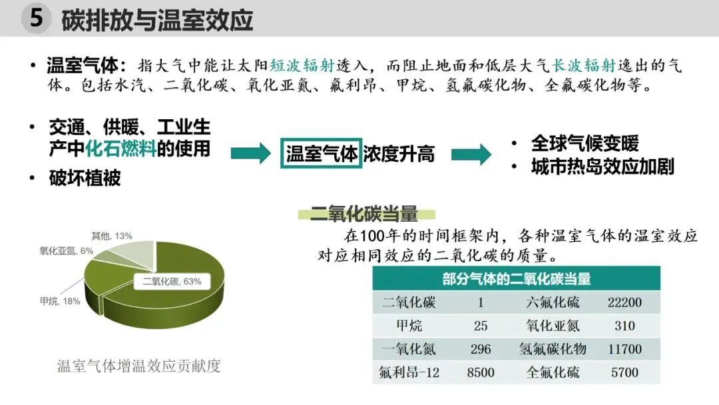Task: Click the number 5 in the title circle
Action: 37,19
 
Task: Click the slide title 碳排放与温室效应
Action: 157,19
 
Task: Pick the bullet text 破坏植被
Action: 85,178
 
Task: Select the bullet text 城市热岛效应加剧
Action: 602,166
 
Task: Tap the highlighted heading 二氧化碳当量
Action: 364,214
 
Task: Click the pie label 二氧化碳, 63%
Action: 172,281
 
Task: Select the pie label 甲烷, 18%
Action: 60,301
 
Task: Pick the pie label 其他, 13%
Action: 112,235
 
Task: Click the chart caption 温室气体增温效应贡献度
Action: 138,366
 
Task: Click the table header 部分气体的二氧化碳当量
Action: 516,278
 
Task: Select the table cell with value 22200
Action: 624,302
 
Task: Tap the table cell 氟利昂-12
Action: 409,372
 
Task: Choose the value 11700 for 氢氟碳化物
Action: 624,349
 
